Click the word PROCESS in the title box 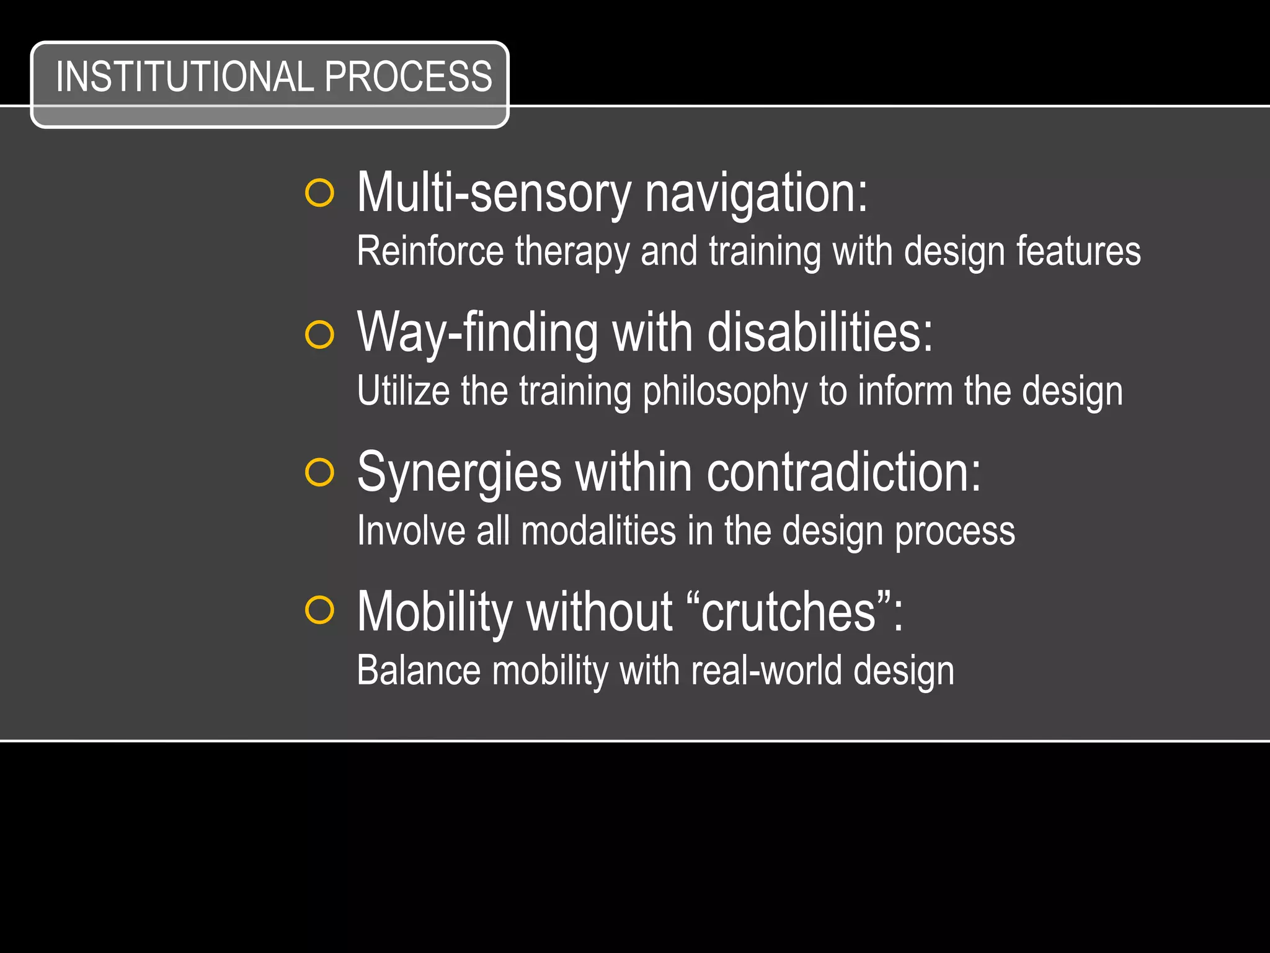(408, 77)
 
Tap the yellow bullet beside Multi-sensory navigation (320, 193)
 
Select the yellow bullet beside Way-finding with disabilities (320, 335)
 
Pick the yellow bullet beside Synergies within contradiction (320, 473)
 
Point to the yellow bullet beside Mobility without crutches (320, 611)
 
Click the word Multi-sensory (493, 194)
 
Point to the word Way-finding (477, 334)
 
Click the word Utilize (403, 391)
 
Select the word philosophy (725, 392)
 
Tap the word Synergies (459, 473)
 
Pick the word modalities (598, 531)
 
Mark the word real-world (766, 671)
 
